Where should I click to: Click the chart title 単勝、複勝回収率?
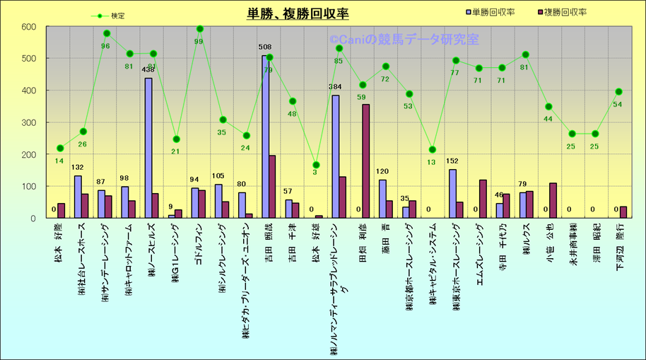298,13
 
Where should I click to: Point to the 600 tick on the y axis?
29,27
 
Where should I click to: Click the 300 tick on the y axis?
29,122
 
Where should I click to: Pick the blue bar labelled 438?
148,148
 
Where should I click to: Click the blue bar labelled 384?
335,156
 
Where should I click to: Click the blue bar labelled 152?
452,194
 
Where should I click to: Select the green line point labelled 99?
200,29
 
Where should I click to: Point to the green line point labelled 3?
316,165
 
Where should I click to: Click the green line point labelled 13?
433,149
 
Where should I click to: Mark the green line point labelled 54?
618,91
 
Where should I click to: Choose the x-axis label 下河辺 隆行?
620,245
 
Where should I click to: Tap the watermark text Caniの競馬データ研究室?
404,40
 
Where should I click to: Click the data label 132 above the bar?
78,168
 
